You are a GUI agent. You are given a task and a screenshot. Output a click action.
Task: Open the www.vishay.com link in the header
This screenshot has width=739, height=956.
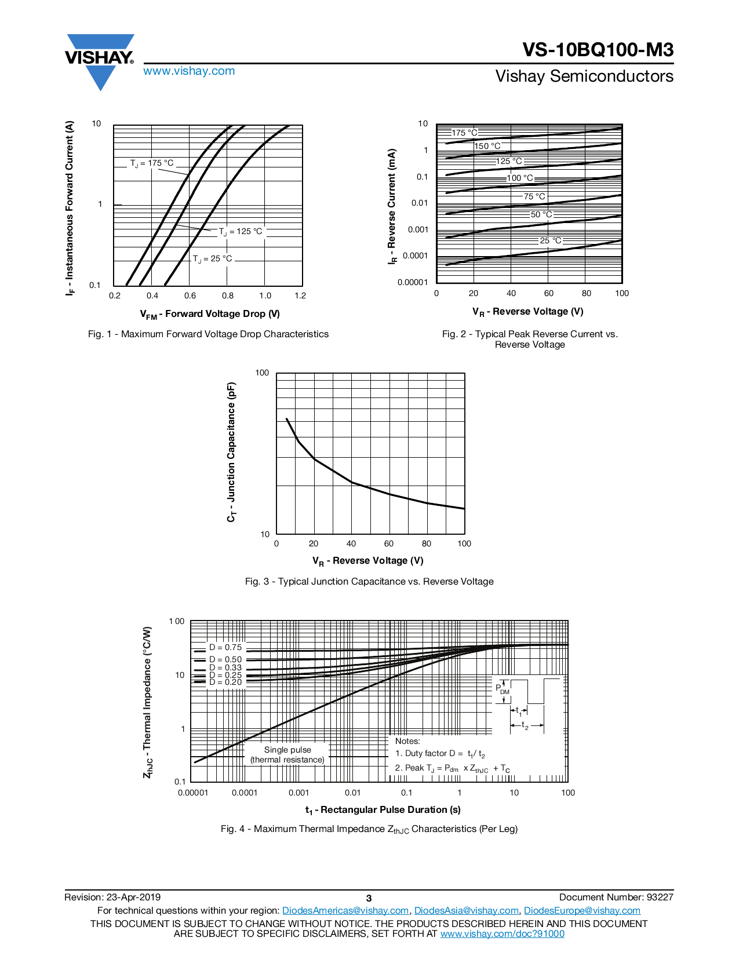pos(189,71)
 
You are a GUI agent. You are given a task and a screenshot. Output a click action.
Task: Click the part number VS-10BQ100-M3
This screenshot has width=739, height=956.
pos(598,50)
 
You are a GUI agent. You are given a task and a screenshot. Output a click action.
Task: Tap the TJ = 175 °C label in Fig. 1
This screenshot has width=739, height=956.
pos(152,163)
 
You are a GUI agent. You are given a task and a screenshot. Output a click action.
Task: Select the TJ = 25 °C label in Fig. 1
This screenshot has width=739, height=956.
pos(213,258)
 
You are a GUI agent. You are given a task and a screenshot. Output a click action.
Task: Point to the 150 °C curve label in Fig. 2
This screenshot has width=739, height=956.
pos(487,146)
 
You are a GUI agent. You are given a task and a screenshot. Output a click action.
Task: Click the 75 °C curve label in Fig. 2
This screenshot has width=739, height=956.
pos(534,196)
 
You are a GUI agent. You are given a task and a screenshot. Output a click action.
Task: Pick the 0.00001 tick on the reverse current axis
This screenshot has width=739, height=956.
pos(413,282)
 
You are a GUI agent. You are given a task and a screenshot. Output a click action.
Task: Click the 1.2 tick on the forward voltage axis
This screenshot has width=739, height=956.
pos(300,295)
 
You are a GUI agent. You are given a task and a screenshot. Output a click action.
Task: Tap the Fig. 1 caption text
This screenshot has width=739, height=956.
pos(208,334)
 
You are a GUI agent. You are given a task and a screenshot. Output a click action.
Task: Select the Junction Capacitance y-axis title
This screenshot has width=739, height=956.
pos(231,452)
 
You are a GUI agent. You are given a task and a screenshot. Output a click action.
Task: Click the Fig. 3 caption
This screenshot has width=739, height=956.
pos(369,582)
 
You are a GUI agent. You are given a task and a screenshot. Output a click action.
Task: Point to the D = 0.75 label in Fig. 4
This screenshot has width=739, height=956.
pos(225,647)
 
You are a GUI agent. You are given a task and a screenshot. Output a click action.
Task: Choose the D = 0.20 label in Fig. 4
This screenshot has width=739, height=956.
pos(225,682)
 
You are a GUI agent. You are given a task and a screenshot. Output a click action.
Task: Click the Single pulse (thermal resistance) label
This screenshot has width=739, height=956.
pos(287,755)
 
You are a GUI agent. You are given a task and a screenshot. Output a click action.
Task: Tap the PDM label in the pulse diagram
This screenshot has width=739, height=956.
pos(502,689)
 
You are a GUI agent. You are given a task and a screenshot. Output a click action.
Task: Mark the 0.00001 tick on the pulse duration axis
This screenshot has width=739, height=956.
pos(193,793)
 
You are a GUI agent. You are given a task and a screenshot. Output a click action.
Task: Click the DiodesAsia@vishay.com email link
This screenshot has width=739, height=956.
pos(466,911)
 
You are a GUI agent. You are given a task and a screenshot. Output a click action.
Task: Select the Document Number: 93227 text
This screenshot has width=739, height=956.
pos(616,897)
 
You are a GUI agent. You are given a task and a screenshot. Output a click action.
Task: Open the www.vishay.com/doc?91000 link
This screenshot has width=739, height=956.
pos(502,933)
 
